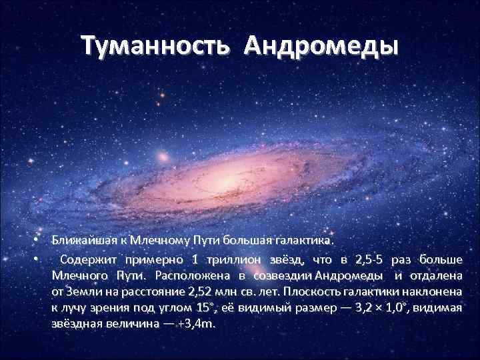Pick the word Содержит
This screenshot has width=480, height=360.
click(86, 259)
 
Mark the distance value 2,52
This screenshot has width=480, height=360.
click(202, 291)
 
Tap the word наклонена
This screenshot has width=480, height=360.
click(435, 291)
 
